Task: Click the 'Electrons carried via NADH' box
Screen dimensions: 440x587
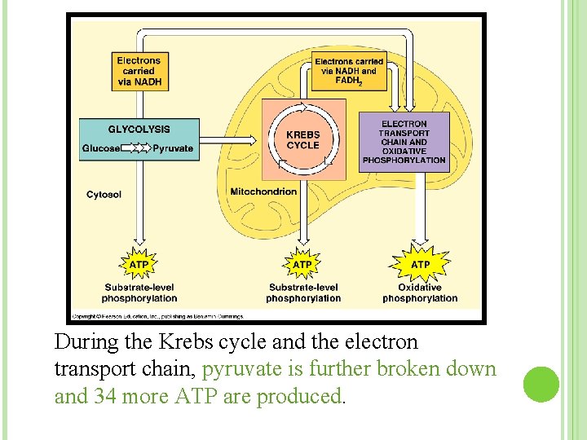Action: [139, 71]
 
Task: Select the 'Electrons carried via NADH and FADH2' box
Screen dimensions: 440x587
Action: [348, 72]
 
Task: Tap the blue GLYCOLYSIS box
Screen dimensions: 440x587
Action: [139, 139]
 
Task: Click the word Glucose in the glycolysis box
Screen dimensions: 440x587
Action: [100, 148]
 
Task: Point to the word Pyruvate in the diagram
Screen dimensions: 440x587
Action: [172, 148]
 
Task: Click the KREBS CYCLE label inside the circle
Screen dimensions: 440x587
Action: [302, 140]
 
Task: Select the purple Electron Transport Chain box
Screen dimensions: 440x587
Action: [404, 142]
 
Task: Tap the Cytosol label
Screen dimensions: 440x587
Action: [104, 194]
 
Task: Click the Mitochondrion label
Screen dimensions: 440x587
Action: [263, 191]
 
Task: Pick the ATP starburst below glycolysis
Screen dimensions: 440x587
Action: [139, 265]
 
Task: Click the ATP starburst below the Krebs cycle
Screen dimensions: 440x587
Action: [302, 265]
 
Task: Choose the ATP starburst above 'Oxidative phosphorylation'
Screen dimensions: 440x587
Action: [421, 265]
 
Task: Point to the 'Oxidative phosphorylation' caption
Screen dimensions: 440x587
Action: [420, 293]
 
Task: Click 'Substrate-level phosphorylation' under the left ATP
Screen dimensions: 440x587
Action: [139, 293]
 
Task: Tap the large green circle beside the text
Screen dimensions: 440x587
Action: [541, 384]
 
